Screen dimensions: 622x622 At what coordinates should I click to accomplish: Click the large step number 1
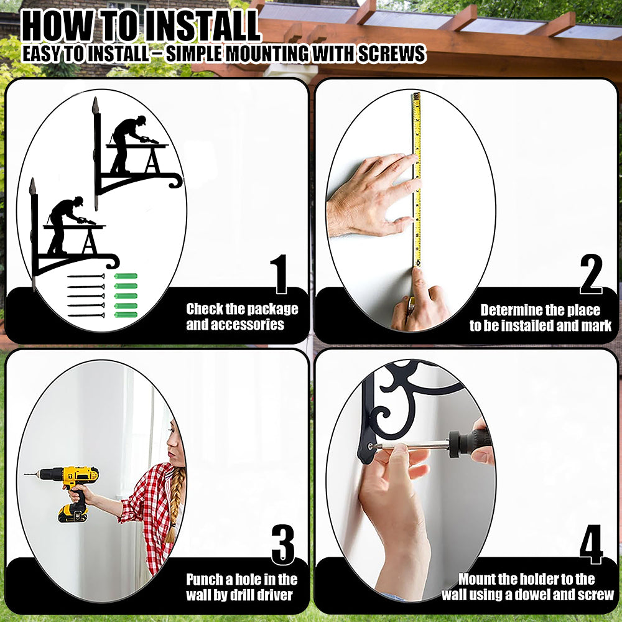[280, 274]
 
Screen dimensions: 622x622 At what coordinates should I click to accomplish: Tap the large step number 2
[591, 274]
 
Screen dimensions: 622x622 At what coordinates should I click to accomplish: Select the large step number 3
[283, 544]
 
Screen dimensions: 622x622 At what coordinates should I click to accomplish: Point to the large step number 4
[591, 544]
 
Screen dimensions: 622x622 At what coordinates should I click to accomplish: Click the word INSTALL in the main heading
[202, 26]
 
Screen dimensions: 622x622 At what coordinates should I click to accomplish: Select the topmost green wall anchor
[126, 276]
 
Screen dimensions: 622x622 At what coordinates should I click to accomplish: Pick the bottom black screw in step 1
[86, 315]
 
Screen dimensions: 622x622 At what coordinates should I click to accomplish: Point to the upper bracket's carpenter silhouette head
[141, 119]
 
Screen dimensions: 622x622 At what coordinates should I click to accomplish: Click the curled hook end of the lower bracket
[113, 261]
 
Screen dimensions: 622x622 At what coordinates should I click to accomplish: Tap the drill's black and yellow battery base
[73, 514]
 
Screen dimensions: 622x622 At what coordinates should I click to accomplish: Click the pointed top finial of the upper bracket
[95, 105]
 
